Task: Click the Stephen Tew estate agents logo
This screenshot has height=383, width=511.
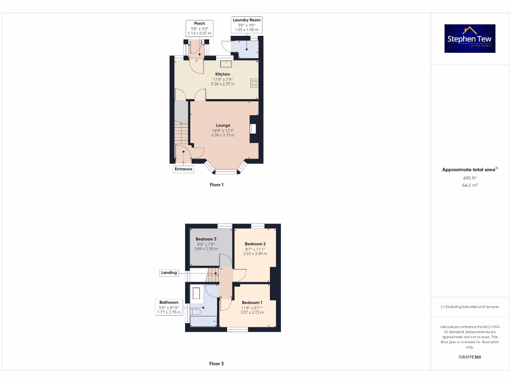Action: click(x=470, y=38)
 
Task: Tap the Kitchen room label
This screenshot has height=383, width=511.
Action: click(x=223, y=74)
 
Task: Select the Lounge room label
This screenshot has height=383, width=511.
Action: click(x=223, y=125)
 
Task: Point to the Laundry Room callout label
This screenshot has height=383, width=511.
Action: click(x=247, y=24)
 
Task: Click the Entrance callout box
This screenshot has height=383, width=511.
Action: click(x=183, y=169)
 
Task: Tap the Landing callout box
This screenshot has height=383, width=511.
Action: click(x=169, y=273)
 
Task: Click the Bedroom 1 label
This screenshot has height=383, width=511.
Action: click(x=252, y=303)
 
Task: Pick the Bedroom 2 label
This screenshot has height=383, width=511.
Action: click(x=255, y=244)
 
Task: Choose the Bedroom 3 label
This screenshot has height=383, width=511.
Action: click(x=206, y=239)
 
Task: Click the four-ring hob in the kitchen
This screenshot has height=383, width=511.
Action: click(x=254, y=83)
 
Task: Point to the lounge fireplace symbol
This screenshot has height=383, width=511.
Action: click(x=253, y=129)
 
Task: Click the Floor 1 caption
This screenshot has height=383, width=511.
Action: click(x=216, y=185)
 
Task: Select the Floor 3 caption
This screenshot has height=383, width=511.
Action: click(x=216, y=364)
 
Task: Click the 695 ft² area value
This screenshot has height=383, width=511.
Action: click(x=470, y=178)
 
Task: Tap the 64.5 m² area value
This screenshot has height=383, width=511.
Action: click(x=470, y=185)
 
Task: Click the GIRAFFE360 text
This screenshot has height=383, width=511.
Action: click(x=470, y=357)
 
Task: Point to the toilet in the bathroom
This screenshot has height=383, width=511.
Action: click(x=195, y=312)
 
